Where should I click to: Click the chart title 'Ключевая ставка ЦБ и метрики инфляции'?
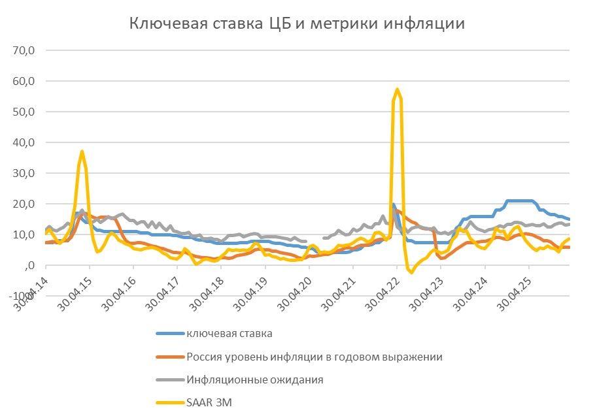tap(297, 24)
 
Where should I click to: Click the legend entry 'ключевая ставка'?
tap(229, 334)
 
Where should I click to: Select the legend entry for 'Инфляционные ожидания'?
tap(255, 380)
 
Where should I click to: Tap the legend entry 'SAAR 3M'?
tap(209, 402)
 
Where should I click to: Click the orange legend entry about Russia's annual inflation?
tap(314, 357)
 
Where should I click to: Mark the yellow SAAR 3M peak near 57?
tap(397, 89)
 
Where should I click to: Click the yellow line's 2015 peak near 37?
tap(82, 152)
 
